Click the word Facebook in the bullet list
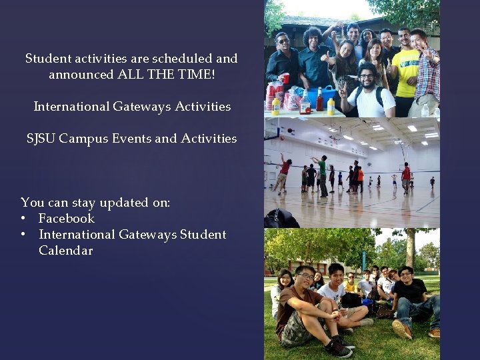coord(67,219)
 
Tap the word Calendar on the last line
coord(65,251)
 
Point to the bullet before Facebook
coord(24,219)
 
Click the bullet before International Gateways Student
coord(24,235)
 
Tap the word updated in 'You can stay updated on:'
coord(111,203)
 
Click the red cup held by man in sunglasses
coord(285,79)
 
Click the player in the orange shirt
coord(360,175)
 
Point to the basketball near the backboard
coord(281,156)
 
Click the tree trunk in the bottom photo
coord(411,247)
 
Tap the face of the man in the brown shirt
coord(306,279)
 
